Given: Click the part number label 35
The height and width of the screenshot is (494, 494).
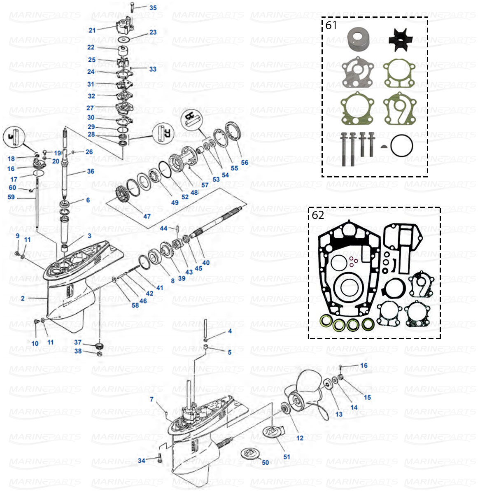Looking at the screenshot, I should pyautogui.click(x=153, y=8).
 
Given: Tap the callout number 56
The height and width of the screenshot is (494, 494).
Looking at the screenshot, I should pyautogui.click(x=245, y=163).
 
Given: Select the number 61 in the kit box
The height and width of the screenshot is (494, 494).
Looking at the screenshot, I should pyautogui.click(x=331, y=26).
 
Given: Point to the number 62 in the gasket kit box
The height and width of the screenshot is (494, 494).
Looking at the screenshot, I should pyautogui.click(x=318, y=215).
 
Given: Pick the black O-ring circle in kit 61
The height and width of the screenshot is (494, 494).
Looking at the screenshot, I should pyautogui.click(x=401, y=146).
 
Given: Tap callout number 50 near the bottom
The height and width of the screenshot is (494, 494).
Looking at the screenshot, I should pyautogui.click(x=266, y=462).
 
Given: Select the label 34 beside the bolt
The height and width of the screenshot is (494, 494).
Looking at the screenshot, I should pyautogui.click(x=141, y=460).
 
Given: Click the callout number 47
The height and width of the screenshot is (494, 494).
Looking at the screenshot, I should pyautogui.click(x=147, y=216).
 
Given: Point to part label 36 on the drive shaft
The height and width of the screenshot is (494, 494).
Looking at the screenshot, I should pyautogui.click(x=91, y=171).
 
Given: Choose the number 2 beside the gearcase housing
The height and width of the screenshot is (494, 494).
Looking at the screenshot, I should pyautogui.click(x=23, y=298).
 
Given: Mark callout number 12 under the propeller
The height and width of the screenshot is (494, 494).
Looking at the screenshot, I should pyautogui.click(x=300, y=438).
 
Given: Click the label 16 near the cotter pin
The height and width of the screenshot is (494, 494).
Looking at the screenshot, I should pyautogui.click(x=364, y=366).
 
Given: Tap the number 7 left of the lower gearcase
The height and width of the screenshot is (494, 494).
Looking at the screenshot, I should pyautogui.click(x=151, y=399).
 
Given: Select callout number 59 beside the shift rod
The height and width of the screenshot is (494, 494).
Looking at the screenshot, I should pyautogui.click(x=11, y=197).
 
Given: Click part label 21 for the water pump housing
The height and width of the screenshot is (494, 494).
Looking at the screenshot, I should pyautogui.click(x=92, y=30).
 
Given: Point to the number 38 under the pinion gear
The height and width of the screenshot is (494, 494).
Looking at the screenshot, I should pyautogui.click(x=78, y=351).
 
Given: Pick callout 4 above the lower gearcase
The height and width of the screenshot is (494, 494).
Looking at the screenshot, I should pyautogui.click(x=230, y=331).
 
